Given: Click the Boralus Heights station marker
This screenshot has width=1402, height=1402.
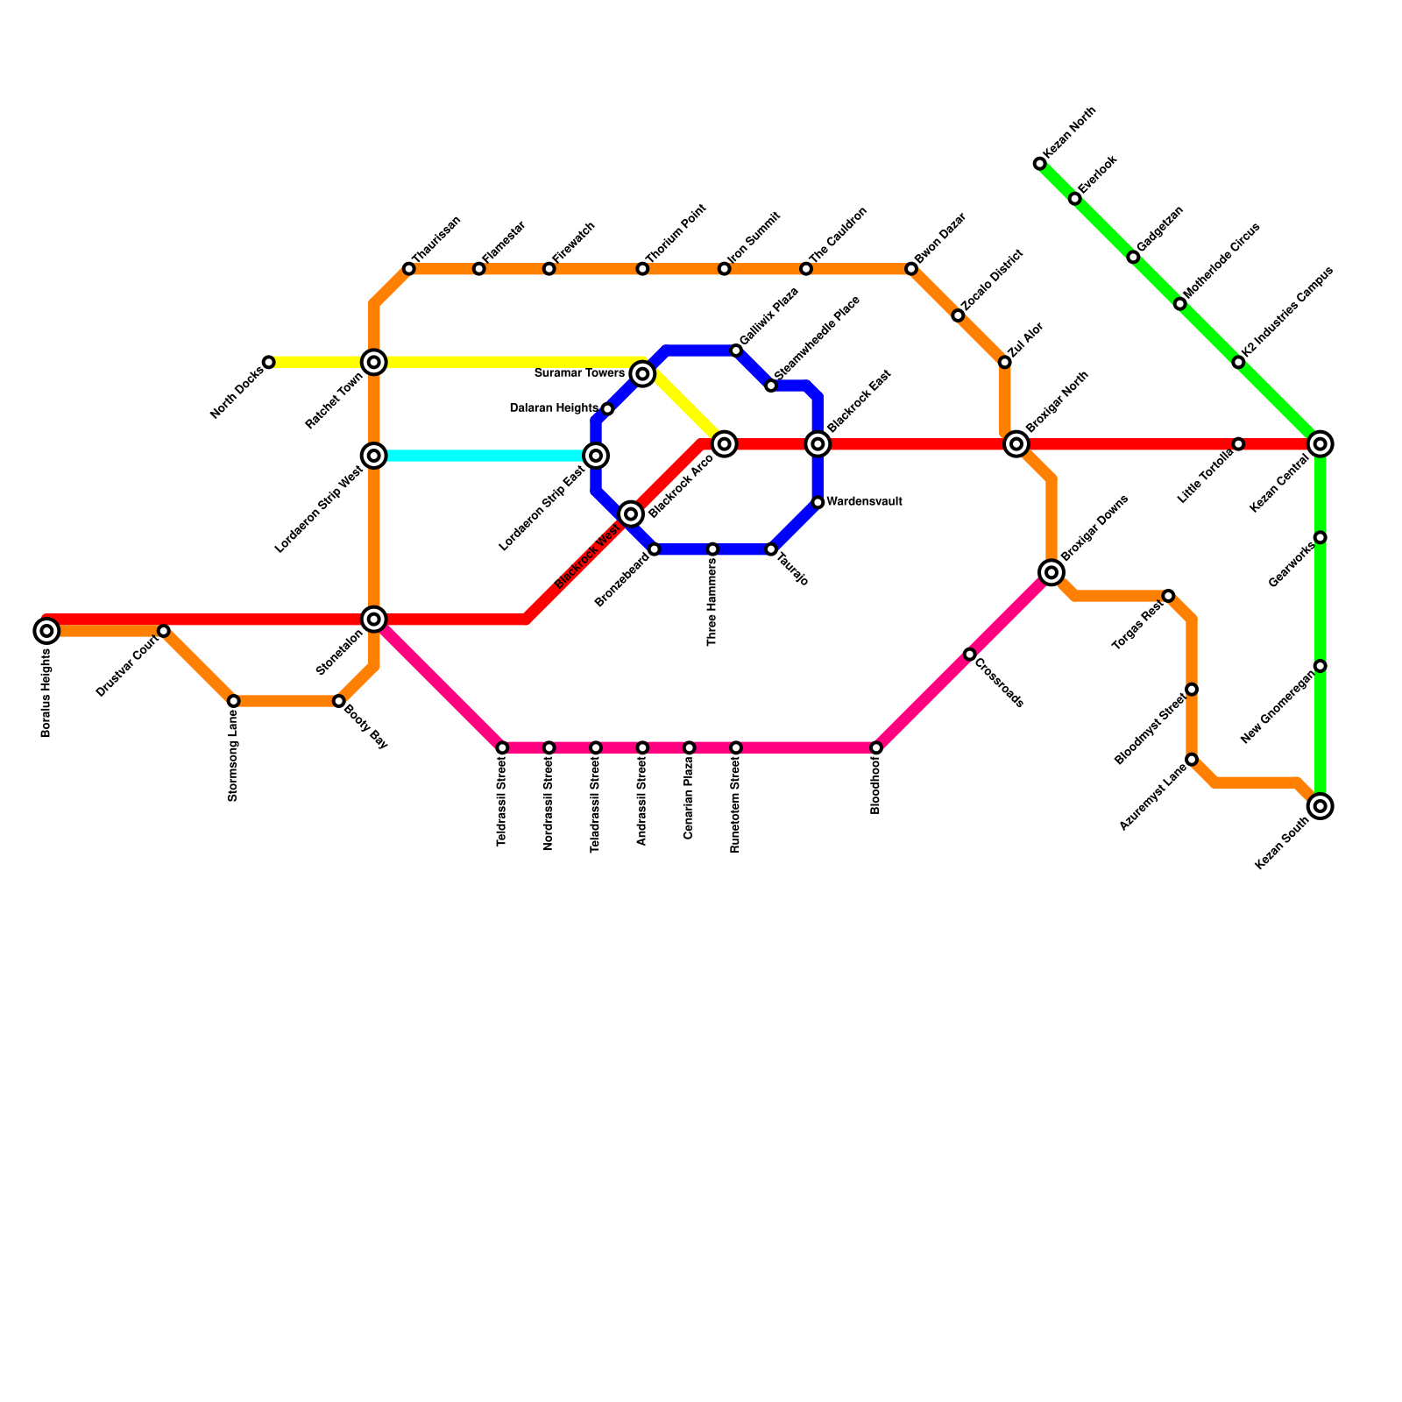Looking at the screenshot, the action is pos(46,630).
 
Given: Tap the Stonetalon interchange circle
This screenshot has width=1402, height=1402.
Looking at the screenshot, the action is pos(374,620).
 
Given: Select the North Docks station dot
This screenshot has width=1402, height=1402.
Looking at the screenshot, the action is pos(269,362).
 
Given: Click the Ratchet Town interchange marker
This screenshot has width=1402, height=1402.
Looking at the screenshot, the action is pos(374,362).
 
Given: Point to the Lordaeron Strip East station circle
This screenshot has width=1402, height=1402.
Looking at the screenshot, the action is pos(596,456).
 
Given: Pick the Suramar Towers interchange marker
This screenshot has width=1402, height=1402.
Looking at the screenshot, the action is pos(642,374).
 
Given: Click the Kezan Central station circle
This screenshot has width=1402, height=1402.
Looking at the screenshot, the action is pos(1321,444).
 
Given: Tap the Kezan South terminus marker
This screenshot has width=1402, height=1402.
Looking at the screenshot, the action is pos(1321,806).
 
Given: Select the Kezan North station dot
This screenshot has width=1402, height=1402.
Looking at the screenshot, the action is pos(1039,164).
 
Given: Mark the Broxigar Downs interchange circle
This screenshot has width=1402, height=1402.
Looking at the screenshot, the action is pos(1051,572).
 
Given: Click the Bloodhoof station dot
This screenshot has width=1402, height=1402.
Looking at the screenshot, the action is pos(876,747).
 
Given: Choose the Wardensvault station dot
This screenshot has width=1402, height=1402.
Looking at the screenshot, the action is pos(818,502).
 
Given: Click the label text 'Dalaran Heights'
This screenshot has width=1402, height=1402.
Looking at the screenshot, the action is pos(553,408).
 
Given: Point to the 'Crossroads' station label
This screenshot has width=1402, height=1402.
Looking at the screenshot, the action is pos(999,683).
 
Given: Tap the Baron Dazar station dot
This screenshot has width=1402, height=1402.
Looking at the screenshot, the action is pos(911,268).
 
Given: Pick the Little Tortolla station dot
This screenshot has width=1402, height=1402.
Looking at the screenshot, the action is pos(1238,444).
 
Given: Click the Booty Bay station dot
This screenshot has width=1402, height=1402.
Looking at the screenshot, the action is pos(338,701).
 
